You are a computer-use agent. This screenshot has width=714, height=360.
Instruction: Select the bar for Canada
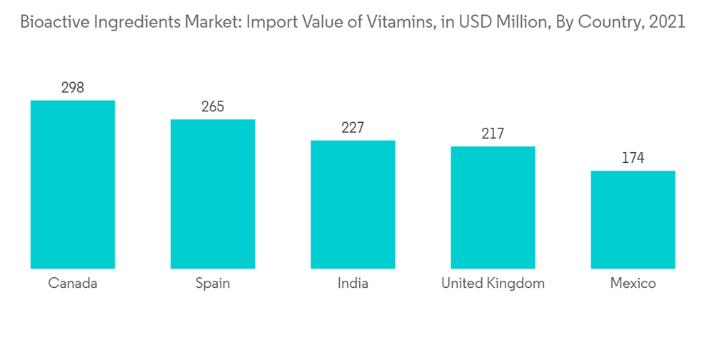[72, 184]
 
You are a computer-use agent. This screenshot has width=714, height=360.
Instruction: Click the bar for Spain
[212, 194]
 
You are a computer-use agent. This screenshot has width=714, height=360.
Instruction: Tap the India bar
[353, 204]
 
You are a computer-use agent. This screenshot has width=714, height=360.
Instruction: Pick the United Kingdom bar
[493, 207]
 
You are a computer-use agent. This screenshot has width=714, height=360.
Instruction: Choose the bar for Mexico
[633, 219]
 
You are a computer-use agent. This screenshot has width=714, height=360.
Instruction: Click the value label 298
[72, 88]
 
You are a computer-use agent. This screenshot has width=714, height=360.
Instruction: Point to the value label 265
[212, 107]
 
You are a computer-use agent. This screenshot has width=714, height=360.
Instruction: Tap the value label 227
[353, 128]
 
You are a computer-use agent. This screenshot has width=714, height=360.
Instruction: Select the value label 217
[493, 134]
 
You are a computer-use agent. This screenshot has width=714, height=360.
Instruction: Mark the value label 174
[633, 158]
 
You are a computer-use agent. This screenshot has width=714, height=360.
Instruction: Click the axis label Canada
[72, 284]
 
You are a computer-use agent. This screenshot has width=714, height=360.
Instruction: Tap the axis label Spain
[212, 284]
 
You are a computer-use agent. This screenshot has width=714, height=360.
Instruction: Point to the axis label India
[353, 284]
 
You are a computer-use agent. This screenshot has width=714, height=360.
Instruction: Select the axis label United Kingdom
[493, 284]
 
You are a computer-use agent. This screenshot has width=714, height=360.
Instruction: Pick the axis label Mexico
[633, 284]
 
